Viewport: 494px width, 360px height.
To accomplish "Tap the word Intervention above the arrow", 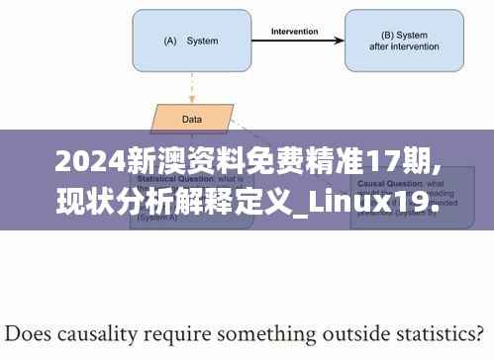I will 294,31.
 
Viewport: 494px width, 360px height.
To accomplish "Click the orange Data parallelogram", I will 192,120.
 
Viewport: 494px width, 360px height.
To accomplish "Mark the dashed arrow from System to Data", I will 190,88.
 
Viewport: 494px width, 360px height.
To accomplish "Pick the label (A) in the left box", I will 169,42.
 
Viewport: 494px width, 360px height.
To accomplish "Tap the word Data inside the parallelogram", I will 192,120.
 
